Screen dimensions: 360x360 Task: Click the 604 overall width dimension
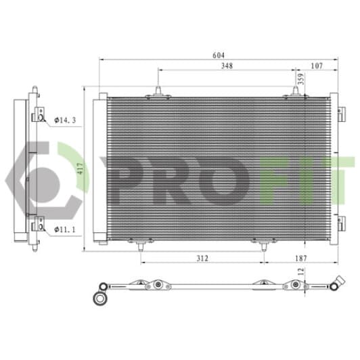tap(219, 55)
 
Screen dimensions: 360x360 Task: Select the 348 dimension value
tap(227, 66)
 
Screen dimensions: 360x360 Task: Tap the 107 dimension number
tap(317, 66)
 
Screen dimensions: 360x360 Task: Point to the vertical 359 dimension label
tap(301, 78)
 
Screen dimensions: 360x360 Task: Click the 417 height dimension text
tap(80, 168)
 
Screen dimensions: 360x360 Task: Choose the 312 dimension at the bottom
tap(202, 258)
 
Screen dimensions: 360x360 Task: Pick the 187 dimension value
tap(300, 258)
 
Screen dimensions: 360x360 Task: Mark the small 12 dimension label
tap(301, 271)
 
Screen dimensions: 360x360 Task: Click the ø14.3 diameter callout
tap(65, 120)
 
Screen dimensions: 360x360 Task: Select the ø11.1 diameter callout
tap(65, 229)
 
